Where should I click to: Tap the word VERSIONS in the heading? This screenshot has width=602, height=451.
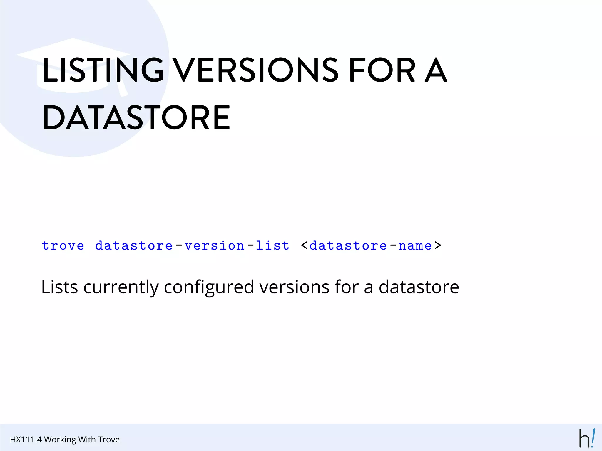pos(255,70)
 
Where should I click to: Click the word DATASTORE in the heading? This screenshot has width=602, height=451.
pos(136,117)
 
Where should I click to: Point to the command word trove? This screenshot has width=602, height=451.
pos(63,245)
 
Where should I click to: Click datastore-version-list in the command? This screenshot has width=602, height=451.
pos(192,245)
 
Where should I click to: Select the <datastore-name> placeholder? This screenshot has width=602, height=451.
pos(371,245)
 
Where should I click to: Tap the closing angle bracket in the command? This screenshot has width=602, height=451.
pos(438,245)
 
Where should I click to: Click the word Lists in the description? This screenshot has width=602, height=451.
pos(59,287)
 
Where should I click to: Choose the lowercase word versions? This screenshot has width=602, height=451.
pos(294,287)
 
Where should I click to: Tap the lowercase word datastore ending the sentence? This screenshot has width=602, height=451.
pos(419,287)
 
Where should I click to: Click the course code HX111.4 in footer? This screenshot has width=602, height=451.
pos(26,440)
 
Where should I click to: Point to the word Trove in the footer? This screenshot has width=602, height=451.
pos(109,440)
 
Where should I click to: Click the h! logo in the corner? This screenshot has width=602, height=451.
pos(587,438)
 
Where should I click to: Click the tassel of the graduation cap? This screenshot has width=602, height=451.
pos(122,90)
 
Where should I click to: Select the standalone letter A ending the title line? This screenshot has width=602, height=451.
pos(436,70)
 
